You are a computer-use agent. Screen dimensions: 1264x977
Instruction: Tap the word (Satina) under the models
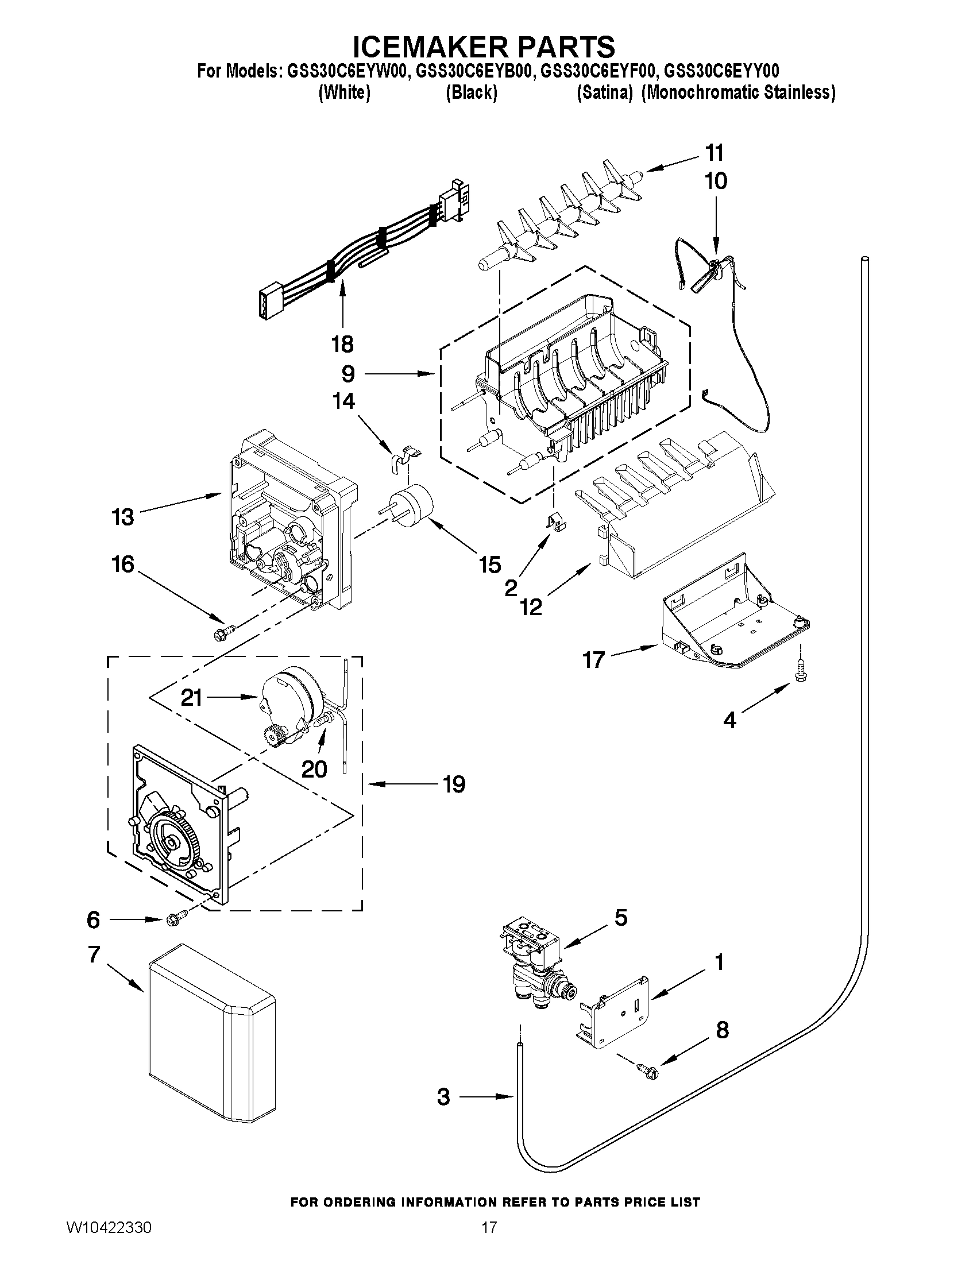click(604, 92)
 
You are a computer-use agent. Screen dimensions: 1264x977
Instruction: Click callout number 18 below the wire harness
click(342, 345)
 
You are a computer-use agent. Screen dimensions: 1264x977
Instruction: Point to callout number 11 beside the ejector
click(715, 153)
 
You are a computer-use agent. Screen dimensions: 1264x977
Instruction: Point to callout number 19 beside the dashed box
click(454, 784)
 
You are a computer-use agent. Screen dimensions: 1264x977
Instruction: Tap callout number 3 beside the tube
click(443, 1097)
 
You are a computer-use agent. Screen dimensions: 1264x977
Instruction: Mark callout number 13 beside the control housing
click(123, 517)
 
